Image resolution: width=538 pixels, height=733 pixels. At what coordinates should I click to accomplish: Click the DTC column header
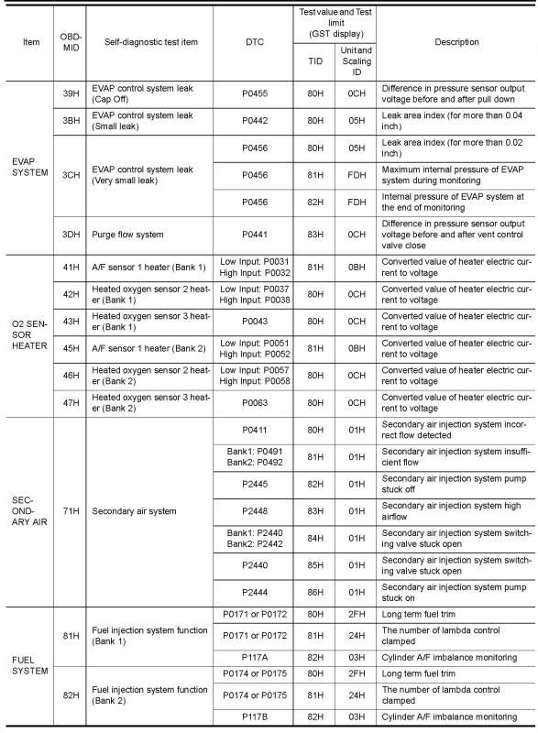[256, 42]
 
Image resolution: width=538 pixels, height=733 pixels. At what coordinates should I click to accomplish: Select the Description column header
[457, 42]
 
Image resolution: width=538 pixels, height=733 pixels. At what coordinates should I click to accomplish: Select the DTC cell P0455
[256, 96]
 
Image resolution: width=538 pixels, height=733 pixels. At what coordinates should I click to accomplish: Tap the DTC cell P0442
[256, 124]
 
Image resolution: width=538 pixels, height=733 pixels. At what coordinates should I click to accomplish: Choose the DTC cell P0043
[256, 322]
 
